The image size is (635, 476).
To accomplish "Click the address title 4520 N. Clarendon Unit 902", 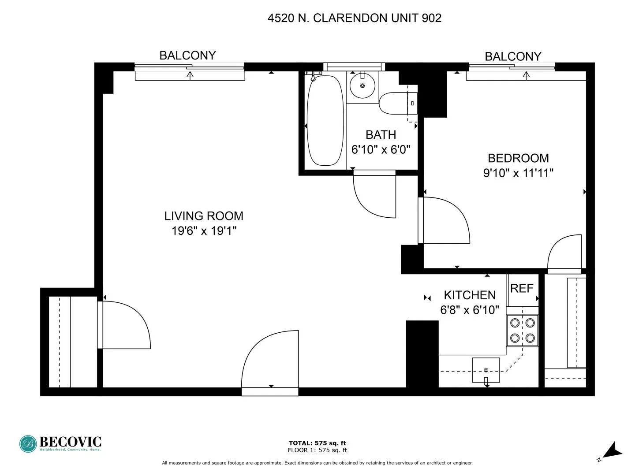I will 355,18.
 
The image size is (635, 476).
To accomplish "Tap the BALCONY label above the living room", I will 187,56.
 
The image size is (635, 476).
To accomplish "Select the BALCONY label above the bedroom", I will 512,56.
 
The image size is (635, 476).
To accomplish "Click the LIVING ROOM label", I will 204,216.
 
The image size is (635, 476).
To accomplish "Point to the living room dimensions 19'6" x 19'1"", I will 204,231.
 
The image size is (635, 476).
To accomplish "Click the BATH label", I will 381,135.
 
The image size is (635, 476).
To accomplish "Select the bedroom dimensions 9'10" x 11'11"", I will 518,173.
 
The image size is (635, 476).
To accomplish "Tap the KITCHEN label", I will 470,295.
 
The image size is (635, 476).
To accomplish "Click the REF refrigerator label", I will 522,289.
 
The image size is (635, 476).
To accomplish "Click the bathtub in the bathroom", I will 325,120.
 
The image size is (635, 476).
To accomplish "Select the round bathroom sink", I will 362,86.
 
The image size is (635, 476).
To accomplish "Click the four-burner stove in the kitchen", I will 522,331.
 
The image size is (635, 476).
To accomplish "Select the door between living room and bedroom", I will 443,220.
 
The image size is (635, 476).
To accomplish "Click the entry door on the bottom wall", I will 270,361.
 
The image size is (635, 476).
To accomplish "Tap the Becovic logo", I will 60,443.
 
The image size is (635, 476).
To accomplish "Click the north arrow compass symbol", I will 611,452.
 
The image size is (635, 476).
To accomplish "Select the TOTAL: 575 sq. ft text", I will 317,443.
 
